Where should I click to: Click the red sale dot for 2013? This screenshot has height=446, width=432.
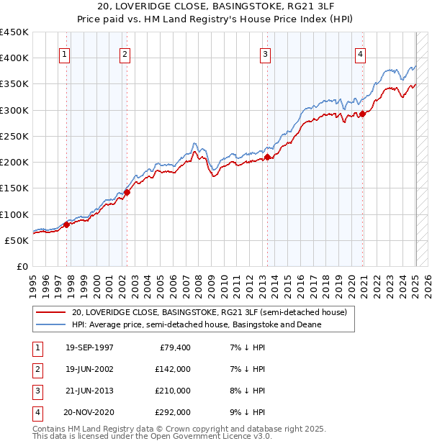(x=267, y=157)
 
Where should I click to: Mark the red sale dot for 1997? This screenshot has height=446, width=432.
(x=66, y=224)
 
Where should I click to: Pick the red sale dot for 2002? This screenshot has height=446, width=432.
(x=127, y=192)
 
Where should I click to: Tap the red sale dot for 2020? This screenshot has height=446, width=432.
(x=362, y=114)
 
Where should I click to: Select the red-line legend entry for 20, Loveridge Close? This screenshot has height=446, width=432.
(x=209, y=313)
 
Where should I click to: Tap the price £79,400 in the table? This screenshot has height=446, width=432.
(x=174, y=348)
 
